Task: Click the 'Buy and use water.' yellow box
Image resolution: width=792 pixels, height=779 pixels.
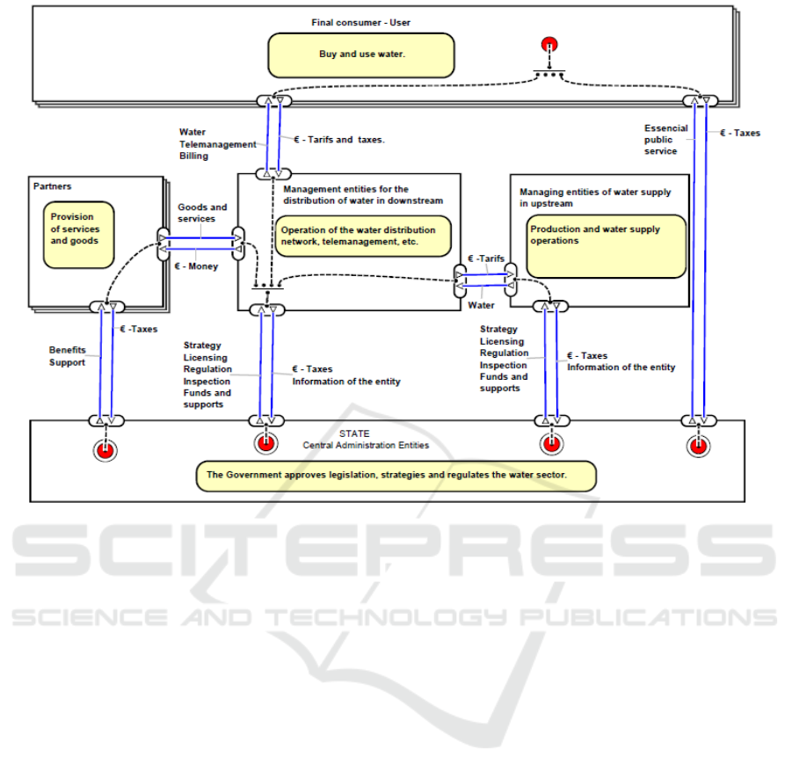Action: [361, 55]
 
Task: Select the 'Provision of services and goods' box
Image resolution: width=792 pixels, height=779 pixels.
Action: [79, 235]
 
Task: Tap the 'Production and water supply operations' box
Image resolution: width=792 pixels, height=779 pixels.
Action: [607, 246]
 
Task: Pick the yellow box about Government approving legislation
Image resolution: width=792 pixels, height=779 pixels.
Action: [396, 476]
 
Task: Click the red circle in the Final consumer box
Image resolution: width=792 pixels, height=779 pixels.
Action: [550, 46]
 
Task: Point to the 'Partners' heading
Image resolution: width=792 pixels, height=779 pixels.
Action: [53, 186]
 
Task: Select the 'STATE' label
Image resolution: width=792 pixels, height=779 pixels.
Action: [356, 433]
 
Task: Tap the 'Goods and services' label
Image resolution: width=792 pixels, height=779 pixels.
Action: [202, 213]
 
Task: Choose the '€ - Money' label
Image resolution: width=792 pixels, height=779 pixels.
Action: [197, 266]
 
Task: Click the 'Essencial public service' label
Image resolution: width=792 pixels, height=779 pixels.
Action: [660, 139]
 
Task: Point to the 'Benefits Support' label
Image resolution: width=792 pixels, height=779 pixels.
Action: [68, 356]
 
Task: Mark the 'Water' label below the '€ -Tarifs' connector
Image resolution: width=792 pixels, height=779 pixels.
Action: [481, 306]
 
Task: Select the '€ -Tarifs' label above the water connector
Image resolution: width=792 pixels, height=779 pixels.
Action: [486, 258]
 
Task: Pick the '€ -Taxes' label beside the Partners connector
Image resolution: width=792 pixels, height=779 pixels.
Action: [138, 329]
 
